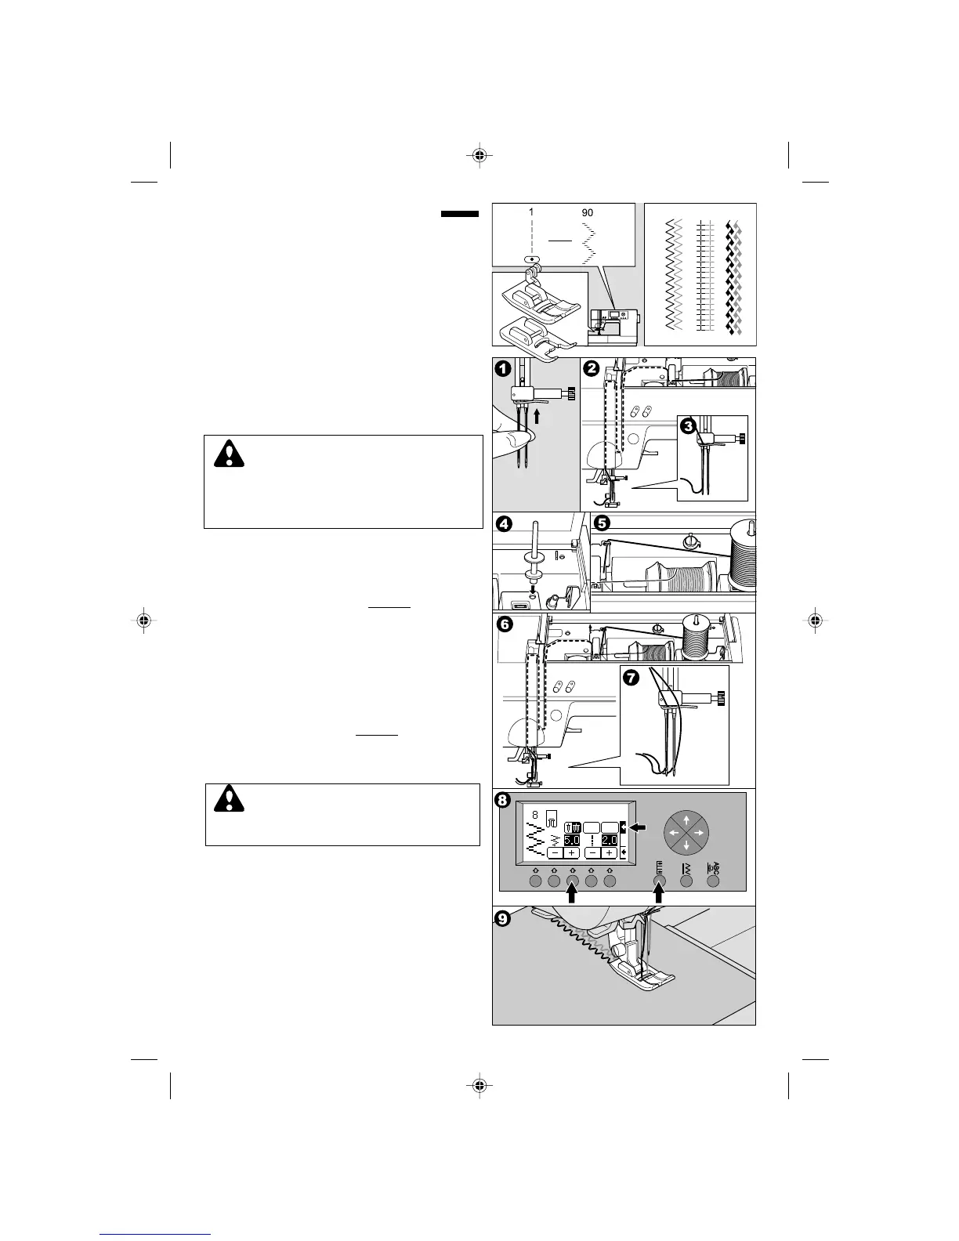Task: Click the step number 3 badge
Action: coord(687,427)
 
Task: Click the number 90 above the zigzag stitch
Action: coord(587,212)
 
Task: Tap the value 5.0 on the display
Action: coord(572,840)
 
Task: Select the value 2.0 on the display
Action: coord(610,840)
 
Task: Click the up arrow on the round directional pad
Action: coord(686,818)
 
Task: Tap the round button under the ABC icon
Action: coord(714,881)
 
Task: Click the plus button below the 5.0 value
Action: coord(572,852)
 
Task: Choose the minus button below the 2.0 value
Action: coord(593,852)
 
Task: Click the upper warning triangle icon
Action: coord(230,454)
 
